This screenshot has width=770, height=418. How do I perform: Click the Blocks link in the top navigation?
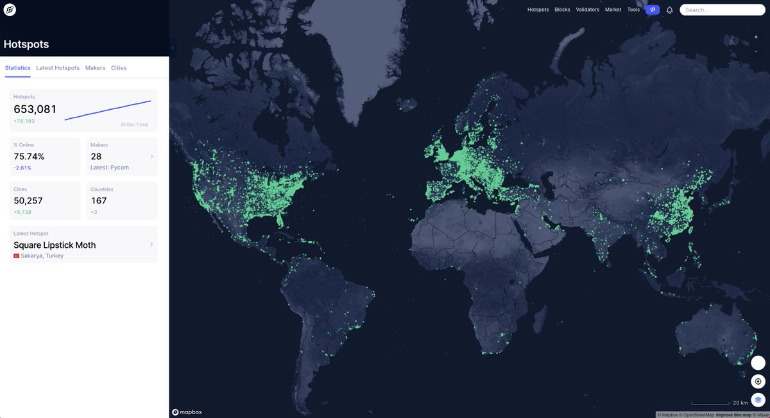click(x=562, y=10)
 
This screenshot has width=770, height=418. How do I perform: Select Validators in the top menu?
click(x=588, y=10)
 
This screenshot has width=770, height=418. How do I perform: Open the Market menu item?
click(x=613, y=10)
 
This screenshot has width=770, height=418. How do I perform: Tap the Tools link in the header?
click(x=633, y=10)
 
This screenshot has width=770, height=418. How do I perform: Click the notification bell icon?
click(x=669, y=10)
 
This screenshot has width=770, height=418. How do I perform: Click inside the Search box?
click(x=722, y=10)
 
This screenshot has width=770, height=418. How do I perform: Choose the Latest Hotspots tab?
click(x=58, y=68)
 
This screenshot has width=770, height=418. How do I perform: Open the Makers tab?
click(x=95, y=68)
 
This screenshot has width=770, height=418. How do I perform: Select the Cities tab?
click(x=119, y=68)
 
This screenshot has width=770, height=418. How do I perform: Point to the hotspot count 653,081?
click(x=35, y=109)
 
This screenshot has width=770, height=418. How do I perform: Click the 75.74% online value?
click(x=29, y=157)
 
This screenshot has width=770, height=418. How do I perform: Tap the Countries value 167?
click(x=99, y=201)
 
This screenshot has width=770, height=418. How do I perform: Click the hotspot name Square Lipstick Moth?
click(x=55, y=245)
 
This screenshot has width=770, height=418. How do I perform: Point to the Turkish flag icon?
click(x=16, y=256)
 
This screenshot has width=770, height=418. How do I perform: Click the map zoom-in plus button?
click(x=756, y=37)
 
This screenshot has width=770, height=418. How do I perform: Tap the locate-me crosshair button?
click(x=758, y=381)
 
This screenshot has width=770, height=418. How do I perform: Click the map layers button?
click(x=758, y=399)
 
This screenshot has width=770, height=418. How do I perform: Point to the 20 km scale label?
click(x=740, y=403)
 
